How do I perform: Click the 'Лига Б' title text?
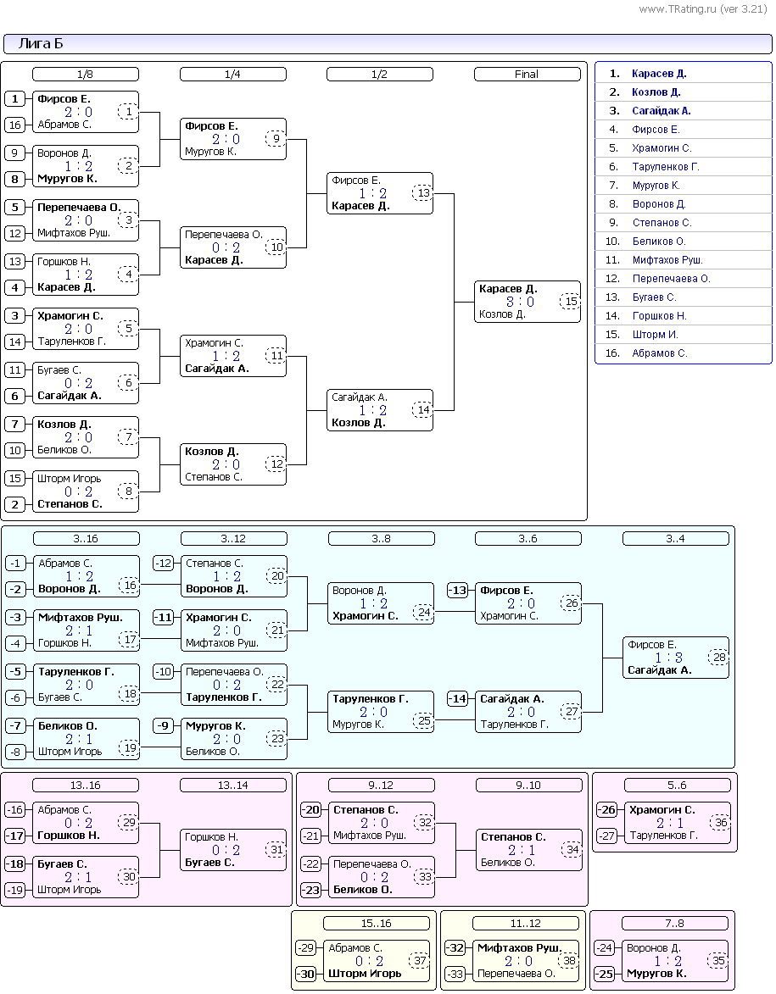41,43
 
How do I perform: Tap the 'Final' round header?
527,75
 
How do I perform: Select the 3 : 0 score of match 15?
520,302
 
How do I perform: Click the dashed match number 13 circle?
422,192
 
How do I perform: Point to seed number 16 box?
14,125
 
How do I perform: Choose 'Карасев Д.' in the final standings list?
659,74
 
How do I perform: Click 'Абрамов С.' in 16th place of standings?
659,353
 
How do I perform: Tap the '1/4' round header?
233,75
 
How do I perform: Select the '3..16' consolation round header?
86,539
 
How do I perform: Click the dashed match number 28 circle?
719,658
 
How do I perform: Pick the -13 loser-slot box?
457,590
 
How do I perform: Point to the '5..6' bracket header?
677,786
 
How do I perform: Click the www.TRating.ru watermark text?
702,8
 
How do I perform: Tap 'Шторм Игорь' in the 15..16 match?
364,973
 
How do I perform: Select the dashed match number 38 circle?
569,960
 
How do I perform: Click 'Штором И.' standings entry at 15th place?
655,335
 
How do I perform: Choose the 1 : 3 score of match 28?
669,658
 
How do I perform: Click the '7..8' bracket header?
674,924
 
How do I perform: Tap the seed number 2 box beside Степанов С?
14,504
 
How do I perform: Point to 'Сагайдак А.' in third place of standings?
662,111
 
